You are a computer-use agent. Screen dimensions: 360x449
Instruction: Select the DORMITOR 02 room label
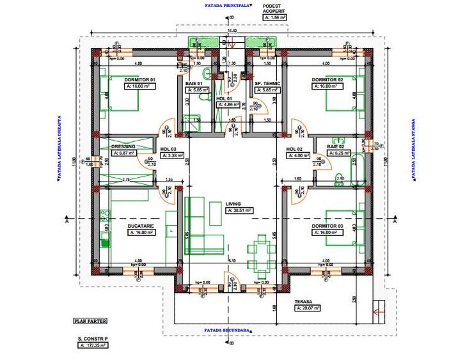(x=327, y=79)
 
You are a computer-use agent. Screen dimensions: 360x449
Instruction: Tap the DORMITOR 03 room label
(x=327, y=226)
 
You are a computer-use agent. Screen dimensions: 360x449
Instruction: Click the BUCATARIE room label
(x=123, y=226)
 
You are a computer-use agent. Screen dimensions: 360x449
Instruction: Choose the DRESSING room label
(x=123, y=146)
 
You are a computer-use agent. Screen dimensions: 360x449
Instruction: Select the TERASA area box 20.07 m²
(x=308, y=308)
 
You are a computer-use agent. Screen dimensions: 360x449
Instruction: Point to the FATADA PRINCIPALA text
(x=226, y=4)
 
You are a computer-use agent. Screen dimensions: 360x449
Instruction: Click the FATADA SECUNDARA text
(x=226, y=331)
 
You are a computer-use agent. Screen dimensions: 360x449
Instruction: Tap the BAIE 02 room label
(x=336, y=146)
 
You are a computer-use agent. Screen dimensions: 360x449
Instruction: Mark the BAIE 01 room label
(x=194, y=83)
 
